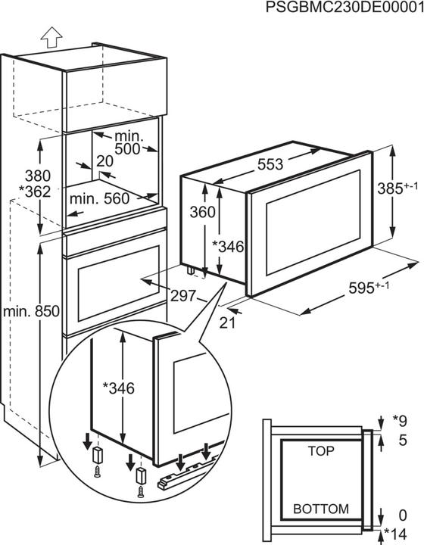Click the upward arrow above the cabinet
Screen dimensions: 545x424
coord(51,34)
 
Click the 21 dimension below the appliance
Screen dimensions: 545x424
coord(224,323)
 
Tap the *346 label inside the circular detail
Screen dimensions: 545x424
coord(118,388)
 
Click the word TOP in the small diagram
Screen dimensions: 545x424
coord(321,450)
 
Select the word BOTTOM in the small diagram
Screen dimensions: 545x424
coord(321,509)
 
